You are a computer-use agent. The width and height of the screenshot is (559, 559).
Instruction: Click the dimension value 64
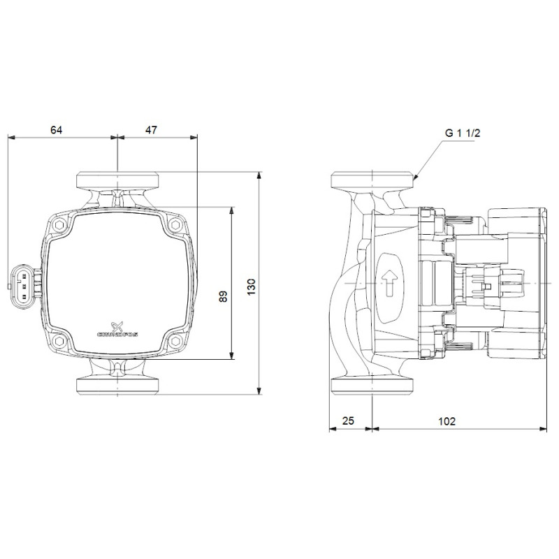pyautogui.click(x=56, y=130)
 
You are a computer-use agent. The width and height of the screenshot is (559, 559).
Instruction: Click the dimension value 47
pyautogui.click(x=151, y=130)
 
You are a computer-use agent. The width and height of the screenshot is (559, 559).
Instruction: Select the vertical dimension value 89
pyautogui.click(x=223, y=296)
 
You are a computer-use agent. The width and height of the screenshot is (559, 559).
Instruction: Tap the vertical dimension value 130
pyautogui.click(x=252, y=287)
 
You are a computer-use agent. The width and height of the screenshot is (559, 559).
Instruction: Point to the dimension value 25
pyautogui.click(x=348, y=421)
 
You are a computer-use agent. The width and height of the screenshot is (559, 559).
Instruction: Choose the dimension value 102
pyautogui.click(x=447, y=421)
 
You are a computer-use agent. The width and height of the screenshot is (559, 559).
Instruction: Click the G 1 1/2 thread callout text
pyautogui.click(x=463, y=133)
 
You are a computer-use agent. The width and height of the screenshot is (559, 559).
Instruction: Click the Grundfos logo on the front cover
pyautogui.click(x=117, y=329)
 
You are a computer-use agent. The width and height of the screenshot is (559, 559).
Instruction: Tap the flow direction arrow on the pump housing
pyautogui.click(x=389, y=283)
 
